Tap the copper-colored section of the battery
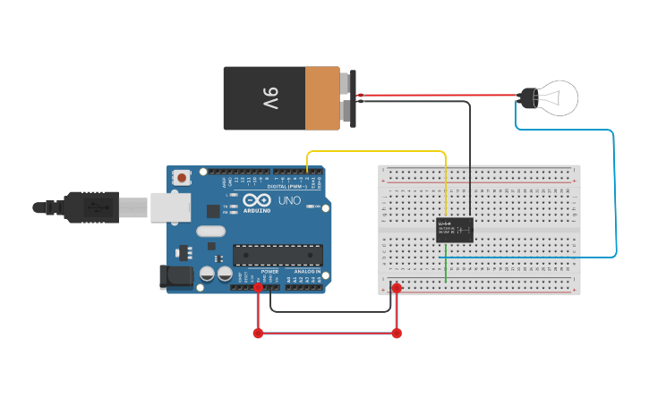pyautogui.click(x=322, y=98)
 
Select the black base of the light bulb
pyautogui.click(x=527, y=97)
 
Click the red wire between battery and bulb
pyautogui.click(x=439, y=95)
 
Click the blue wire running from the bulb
pyautogui.click(x=615, y=197)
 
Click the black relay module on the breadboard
pyautogui.click(x=455, y=231)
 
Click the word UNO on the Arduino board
pyautogui.click(x=289, y=200)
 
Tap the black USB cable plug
pyautogui.click(x=90, y=207)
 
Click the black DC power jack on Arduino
pyautogui.click(x=175, y=277)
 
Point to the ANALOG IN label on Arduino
pyautogui.click(x=307, y=271)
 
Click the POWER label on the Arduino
pyautogui.click(x=269, y=271)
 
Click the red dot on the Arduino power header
pyautogui.click(x=258, y=288)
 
